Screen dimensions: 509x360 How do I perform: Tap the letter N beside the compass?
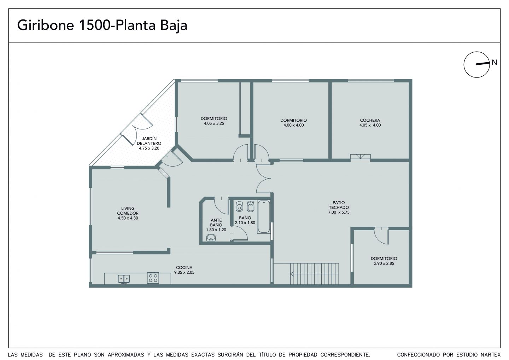pyautogui.click(x=494, y=62)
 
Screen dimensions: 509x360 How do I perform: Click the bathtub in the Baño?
pyautogui.click(x=264, y=217)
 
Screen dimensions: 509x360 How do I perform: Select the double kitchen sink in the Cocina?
pyautogui.click(x=124, y=279)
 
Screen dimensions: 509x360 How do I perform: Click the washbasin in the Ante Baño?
pyautogui.click(x=211, y=238)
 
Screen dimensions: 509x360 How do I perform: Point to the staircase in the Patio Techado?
pyautogui.click(x=314, y=274)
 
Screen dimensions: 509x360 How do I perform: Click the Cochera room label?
pyautogui.click(x=370, y=120)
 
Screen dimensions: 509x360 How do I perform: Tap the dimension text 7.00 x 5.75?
pyautogui.click(x=339, y=212)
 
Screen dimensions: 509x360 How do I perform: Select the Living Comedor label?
pyautogui.click(x=128, y=211)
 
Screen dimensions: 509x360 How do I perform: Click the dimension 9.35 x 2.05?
pyautogui.click(x=184, y=272)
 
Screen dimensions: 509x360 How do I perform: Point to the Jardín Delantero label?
pyautogui.click(x=149, y=141)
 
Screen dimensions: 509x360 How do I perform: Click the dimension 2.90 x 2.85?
pyautogui.click(x=384, y=263)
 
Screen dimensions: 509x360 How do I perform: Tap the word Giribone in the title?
pyautogui.click(x=46, y=25)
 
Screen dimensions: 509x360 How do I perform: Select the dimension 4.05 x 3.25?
pyautogui.click(x=214, y=123)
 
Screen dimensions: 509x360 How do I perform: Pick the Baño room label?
pyautogui.click(x=245, y=218)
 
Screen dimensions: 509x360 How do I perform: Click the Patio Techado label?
pyautogui.click(x=339, y=205)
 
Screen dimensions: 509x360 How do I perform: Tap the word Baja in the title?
pyautogui.click(x=174, y=25)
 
